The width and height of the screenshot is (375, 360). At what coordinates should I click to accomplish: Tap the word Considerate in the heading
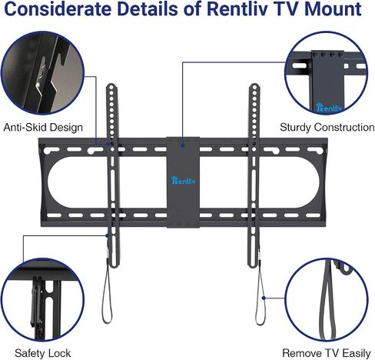coord(58,8)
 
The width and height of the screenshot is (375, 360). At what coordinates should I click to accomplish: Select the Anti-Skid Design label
coord(43,128)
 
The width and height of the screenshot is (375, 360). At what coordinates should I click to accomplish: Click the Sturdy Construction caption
coord(327,128)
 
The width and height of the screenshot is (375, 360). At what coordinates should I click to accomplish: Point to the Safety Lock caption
coord(42,353)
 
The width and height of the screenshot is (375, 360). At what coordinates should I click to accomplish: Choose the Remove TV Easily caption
coord(327,353)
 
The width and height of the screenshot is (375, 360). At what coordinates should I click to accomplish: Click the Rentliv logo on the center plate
coord(183,181)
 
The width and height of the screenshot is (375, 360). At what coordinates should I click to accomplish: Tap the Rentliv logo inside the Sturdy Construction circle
coord(329,107)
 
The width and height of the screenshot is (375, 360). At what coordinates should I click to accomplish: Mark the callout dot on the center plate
coord(182,145)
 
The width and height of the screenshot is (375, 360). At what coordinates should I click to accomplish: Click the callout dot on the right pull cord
coord(264,298)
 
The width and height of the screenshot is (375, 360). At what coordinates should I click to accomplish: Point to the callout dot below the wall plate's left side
coord(108,235)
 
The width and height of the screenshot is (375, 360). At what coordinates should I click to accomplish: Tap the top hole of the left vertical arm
coord(111,88)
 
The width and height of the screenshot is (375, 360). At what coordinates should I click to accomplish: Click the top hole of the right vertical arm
coord(254,88)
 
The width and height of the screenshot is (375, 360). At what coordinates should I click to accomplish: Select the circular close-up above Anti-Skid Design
coord(42,73)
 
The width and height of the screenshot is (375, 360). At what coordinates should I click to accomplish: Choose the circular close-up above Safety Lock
coord(42,299)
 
